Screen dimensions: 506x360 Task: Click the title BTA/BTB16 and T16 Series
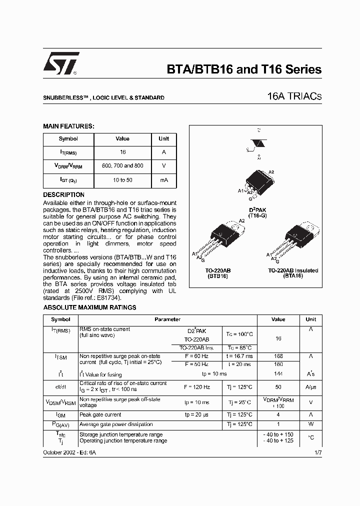(x=243, y=70)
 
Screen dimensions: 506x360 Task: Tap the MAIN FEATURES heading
(x=68, y=126)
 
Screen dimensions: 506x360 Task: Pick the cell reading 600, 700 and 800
(x=122, y=165)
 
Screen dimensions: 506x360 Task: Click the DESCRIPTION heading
(x=63, y=194)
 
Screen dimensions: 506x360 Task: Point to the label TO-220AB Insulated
(x=293, y=270)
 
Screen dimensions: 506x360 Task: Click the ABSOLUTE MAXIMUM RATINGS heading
(x=89, y=307)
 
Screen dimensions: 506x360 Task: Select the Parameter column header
(x=167, y=319)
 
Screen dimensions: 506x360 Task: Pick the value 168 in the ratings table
(x=278, y=356)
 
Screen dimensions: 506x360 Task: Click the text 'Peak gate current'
(x=100, y=414)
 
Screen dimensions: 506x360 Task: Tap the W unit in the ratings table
(x=310, y=424)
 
